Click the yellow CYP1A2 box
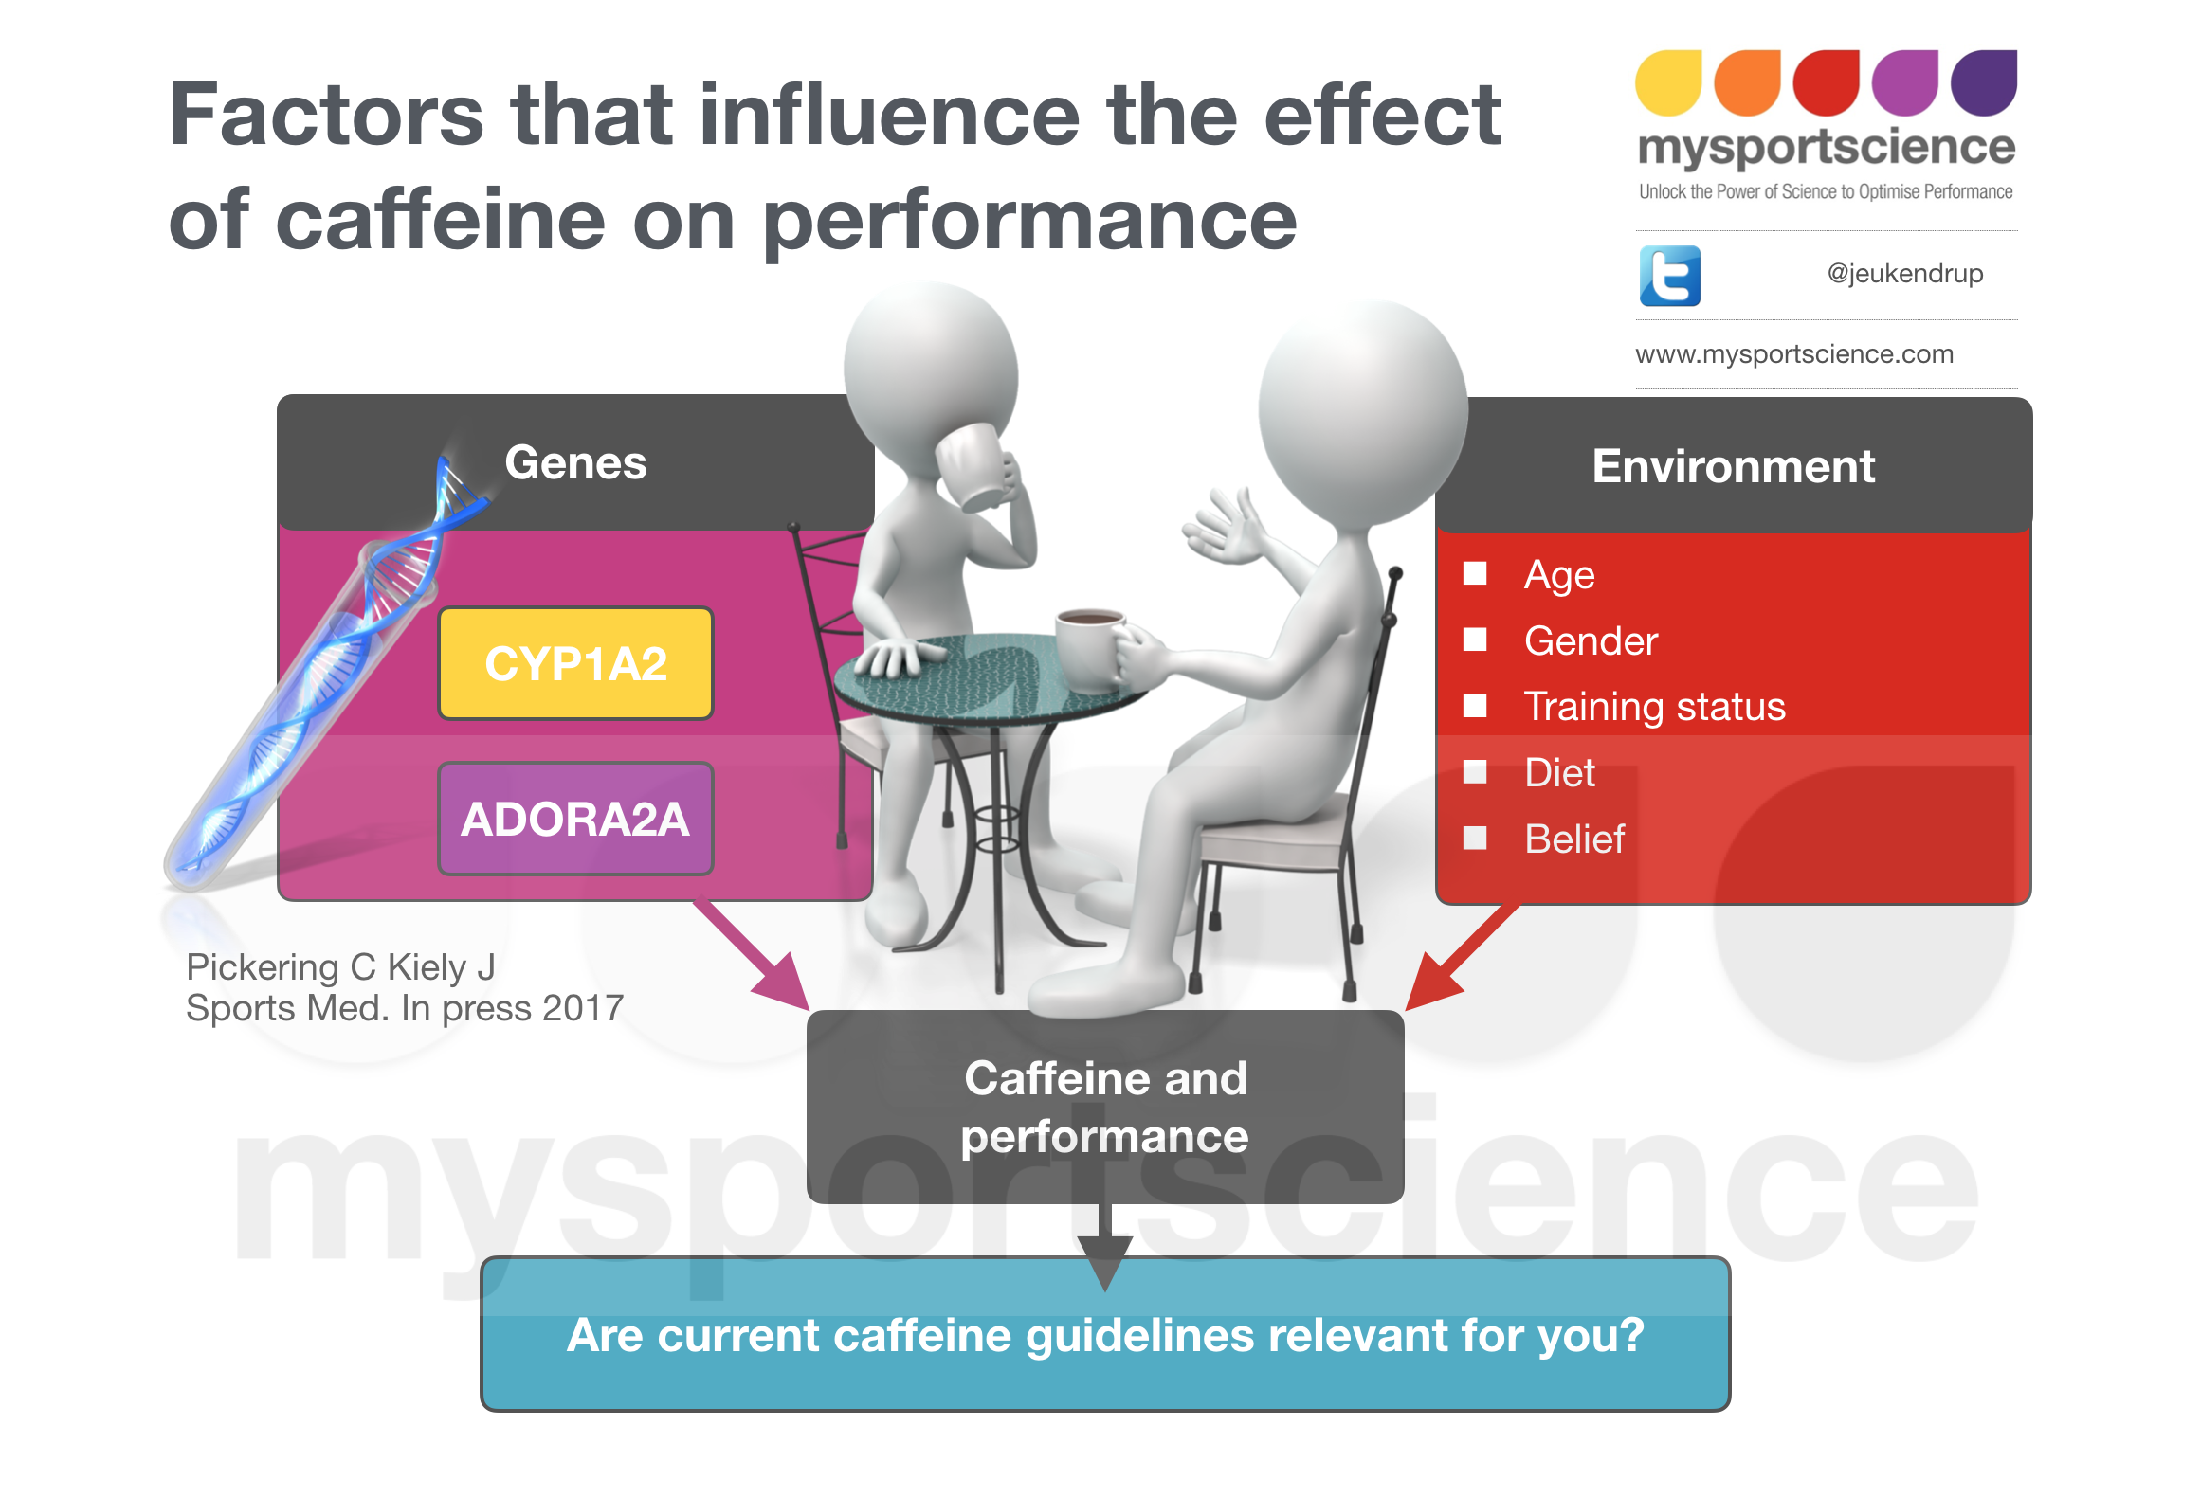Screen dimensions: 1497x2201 575,663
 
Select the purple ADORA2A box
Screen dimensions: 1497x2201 575,819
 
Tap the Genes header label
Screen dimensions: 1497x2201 575,462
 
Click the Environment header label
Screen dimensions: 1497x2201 1733,466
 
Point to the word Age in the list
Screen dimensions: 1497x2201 1559,575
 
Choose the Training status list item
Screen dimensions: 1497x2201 1654,707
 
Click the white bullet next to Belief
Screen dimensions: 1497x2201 1475,838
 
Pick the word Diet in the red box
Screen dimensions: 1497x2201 1559,773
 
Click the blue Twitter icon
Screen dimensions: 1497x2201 1669,276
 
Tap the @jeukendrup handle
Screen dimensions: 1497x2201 1904,274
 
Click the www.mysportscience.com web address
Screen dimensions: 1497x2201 1793,354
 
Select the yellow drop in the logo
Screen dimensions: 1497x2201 1668,83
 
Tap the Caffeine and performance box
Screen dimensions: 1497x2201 1104,1107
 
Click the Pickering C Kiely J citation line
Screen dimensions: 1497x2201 340,967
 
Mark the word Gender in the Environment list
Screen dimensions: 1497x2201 1591,641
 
